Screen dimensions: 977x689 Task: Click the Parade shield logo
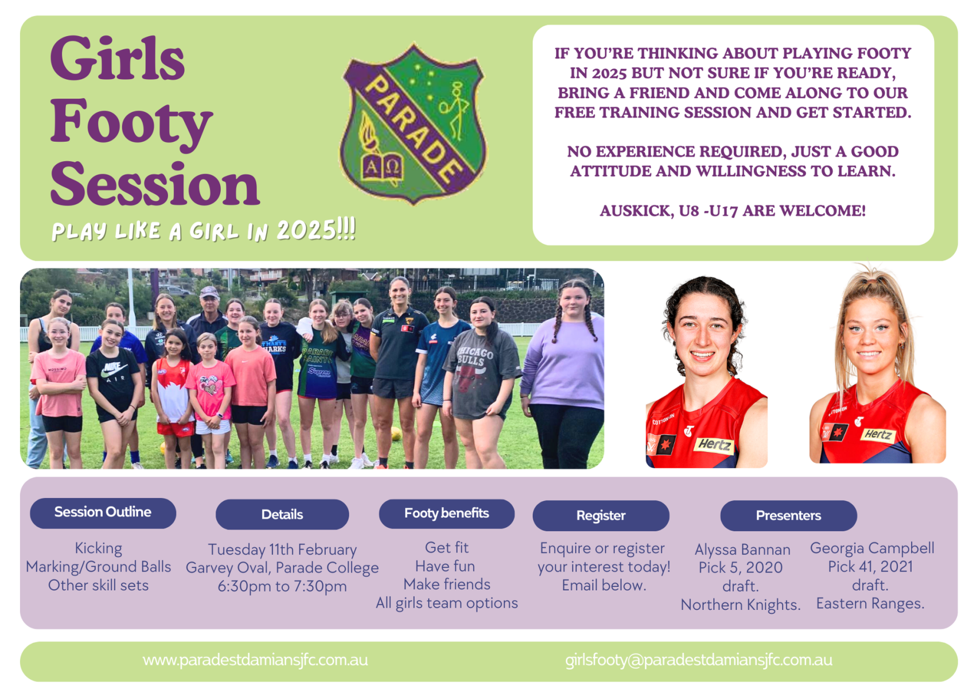(414, 123)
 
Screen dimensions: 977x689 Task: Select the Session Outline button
(103, 513)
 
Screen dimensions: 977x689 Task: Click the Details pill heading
(282, 514)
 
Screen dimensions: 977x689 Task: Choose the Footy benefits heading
(447, 513)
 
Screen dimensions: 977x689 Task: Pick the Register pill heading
(601, 516)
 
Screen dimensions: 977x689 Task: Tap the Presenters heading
(789, 516)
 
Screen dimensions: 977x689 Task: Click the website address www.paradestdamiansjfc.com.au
(255, 660)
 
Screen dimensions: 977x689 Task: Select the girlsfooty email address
(699, 660)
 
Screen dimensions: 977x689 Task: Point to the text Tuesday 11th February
(282, 549)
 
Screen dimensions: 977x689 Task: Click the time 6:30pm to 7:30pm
(282, 586)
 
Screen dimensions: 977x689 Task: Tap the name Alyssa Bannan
(742, 549)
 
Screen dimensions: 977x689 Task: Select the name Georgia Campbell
(872, 548)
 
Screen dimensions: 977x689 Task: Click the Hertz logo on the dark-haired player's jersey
(714, 445)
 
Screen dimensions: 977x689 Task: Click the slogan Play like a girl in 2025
(204, 230)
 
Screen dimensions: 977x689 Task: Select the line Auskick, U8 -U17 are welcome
(733, 211)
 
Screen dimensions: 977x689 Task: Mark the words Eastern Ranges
(870, 603)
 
